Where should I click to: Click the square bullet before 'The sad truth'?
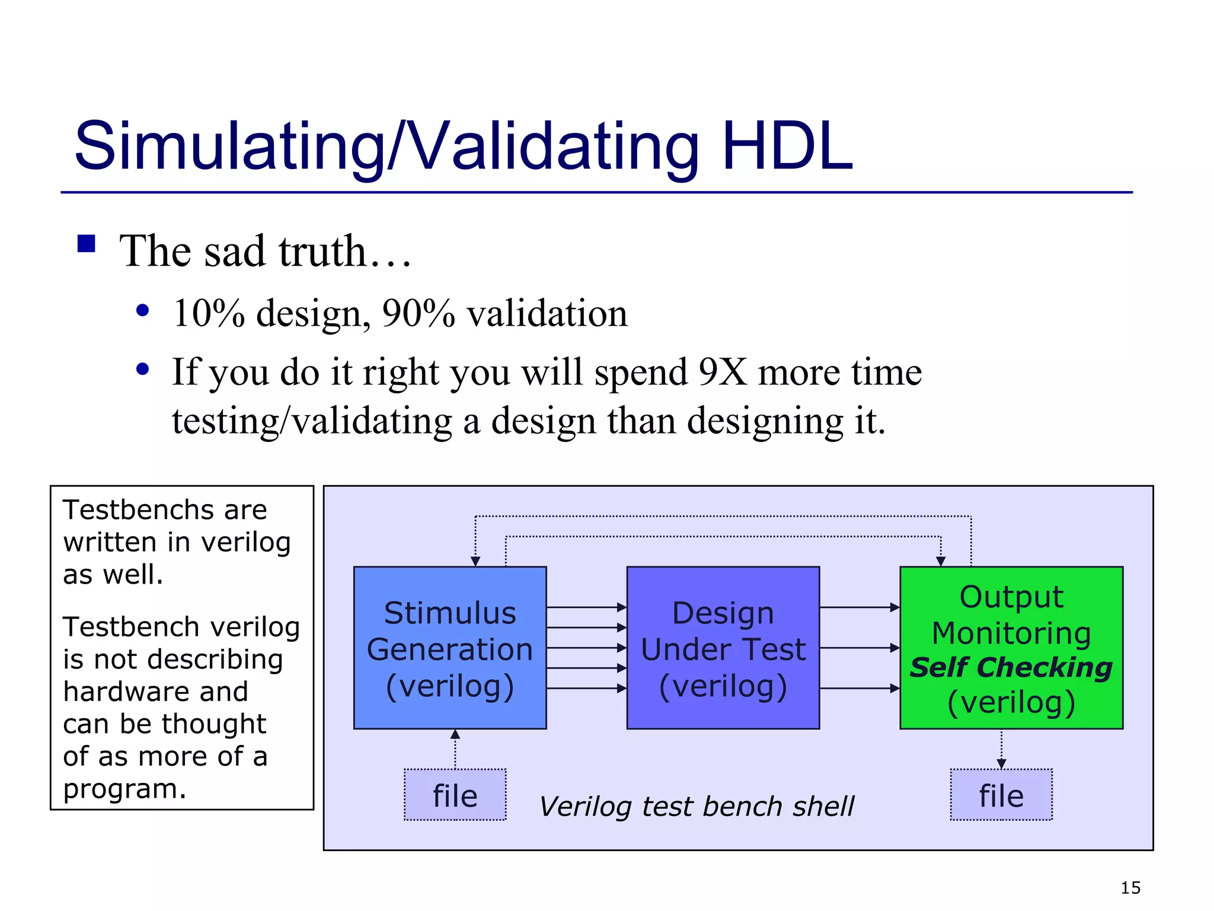(87, 244)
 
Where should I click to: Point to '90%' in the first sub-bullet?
(418, 313)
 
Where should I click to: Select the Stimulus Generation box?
(449, 648)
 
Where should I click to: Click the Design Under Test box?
(723, 648)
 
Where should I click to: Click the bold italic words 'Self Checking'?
(1011, 668)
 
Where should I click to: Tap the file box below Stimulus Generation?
(455, 795)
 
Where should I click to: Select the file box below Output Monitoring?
(1001, 795)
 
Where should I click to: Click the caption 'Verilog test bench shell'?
(696, 807)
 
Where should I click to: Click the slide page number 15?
(1130, 888)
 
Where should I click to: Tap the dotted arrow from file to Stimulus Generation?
(455, 750)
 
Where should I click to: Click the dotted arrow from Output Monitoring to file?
(1001, 748)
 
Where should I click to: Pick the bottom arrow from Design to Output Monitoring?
(859, 689)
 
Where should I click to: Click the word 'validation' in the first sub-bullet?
(547, 313)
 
